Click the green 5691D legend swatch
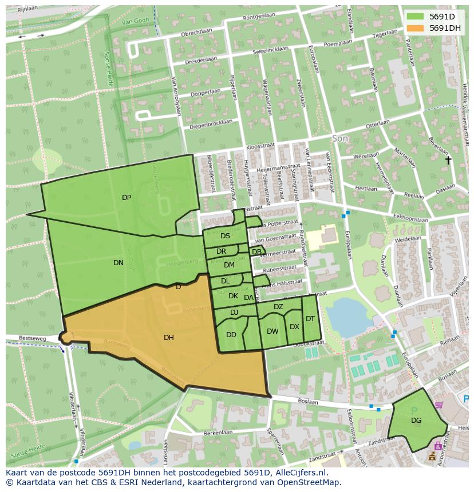pos(416,17)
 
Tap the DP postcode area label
pos(127,198)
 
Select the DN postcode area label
pos(118,263)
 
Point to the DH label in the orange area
pos(168,338)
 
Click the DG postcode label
pos(416,421)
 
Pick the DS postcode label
pos(225,236)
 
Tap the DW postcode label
pos(272,331)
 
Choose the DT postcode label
pos(310,319)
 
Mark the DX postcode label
pos(294,327)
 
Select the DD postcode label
pos(231,335)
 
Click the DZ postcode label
pos(278,307)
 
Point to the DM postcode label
pos(229,265)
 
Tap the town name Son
pos(340,139)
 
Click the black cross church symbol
pos(448,161)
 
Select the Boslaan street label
pos(309,401)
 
